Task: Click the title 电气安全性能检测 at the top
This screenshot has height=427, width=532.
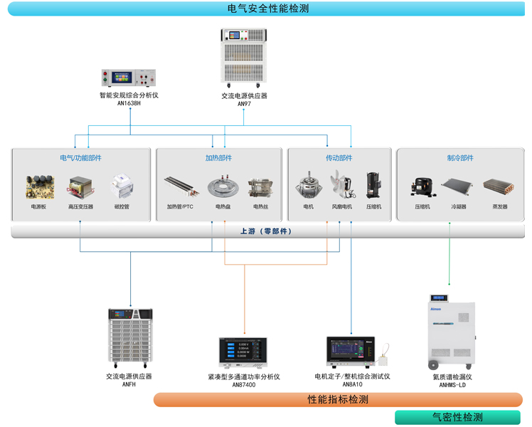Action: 268,9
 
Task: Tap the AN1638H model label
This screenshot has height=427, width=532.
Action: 129,103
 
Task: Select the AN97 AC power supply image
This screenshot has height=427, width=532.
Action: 244,57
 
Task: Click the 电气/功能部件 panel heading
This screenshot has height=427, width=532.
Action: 80,158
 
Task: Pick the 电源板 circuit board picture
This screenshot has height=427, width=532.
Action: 39,187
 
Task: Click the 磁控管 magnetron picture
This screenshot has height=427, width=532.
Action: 122,187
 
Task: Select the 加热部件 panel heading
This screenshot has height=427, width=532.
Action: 218,158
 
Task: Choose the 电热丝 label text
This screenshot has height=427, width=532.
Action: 261,207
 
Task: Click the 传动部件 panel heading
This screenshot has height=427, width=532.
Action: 339,158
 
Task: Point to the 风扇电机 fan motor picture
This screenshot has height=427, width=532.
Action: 341,186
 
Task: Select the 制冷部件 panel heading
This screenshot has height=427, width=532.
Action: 460,158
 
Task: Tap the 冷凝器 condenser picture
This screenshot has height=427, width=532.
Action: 458,188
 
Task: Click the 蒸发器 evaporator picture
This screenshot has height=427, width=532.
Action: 500,188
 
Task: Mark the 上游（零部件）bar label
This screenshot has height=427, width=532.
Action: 266,231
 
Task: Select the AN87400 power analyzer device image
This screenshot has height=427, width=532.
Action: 243,353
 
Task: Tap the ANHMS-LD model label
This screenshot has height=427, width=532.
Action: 452,385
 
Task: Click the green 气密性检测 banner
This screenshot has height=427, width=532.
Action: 457,418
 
